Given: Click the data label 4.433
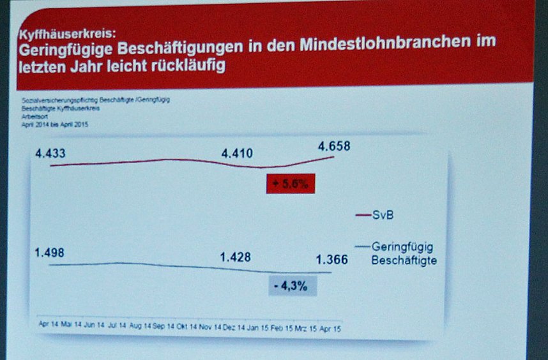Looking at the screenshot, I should [x=50, y=153].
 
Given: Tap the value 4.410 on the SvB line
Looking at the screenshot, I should [x=237, y=153].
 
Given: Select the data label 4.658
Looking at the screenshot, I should [x=334, y=146].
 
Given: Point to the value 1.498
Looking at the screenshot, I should [x=50, y=252].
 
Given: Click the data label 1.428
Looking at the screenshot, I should [x=236, y=257].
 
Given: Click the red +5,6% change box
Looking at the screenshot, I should [x=291, y=184].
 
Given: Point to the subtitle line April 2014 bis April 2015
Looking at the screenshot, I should [x=55, y=124].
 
